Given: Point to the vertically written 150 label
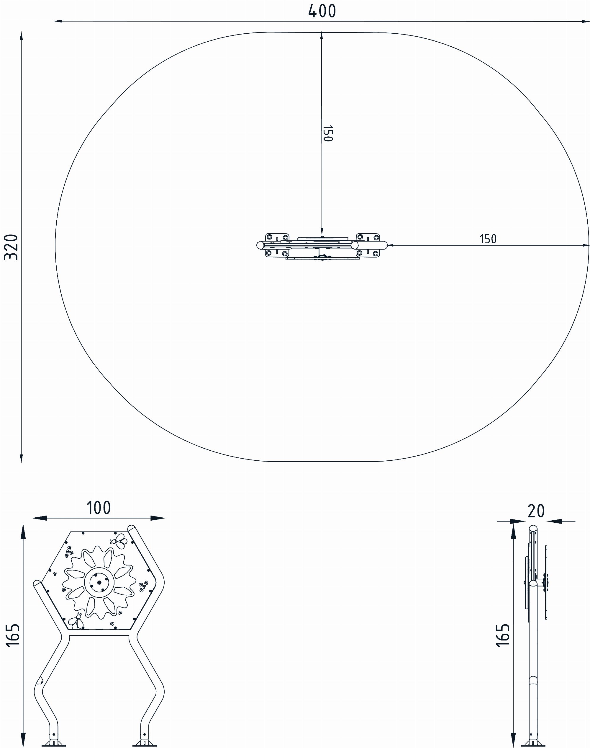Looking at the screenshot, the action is [x=327, y=133].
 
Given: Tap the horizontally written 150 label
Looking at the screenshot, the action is [x=488, y=239].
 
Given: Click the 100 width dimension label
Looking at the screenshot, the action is [x=99, y=508].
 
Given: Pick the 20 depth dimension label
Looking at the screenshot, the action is [x=536, y=511].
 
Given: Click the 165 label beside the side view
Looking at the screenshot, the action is [x=503, y=635].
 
